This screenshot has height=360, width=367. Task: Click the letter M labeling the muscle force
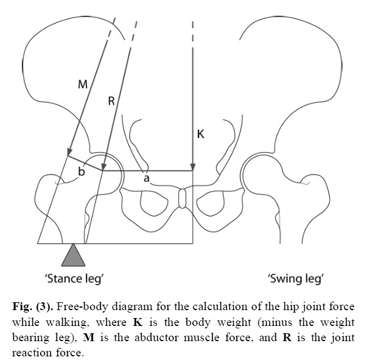(x=83, y=85)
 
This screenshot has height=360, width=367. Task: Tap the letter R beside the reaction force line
(x=111, y=102)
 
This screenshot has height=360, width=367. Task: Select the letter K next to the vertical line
(x=200, y=134)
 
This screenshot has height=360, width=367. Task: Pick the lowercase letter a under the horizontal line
(x=146, y=178)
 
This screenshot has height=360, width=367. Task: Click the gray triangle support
(x=73, y=254)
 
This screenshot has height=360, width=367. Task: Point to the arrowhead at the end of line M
(x=70, y=151)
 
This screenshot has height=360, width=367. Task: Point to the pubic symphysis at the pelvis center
(x=181, y=199)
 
